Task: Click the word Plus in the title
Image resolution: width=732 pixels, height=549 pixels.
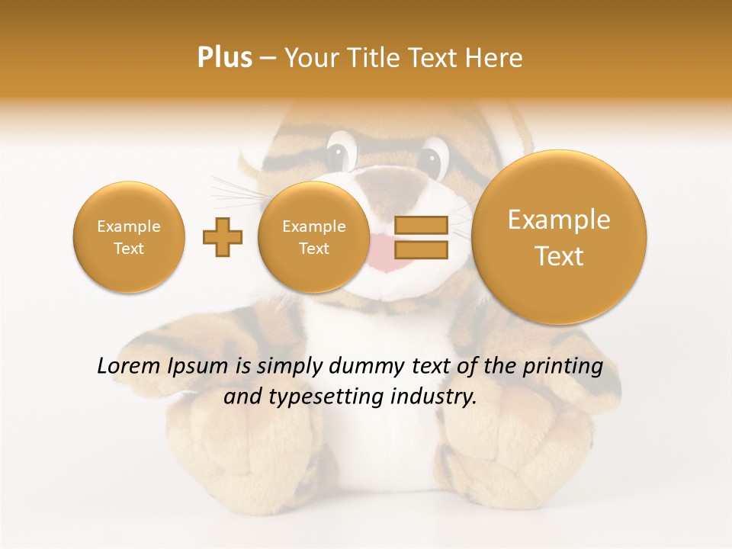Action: pos(224,58)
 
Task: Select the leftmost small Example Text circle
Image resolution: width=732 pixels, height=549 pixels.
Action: pos(129,237)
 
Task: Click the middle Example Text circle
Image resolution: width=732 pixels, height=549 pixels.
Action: pos(314,237)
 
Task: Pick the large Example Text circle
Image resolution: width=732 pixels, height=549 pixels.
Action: pos(559,237)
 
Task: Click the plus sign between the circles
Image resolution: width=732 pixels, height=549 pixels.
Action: pos(223,237)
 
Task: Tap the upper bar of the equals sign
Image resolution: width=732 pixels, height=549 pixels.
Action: pos(421,225)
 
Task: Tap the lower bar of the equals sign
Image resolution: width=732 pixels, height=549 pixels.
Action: pos(421,249)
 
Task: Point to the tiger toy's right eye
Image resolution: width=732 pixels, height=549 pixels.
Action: pos(432,158)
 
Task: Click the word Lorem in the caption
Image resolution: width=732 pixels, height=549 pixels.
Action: pos(128,366)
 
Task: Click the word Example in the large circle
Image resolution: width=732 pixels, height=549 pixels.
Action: pos(559,220)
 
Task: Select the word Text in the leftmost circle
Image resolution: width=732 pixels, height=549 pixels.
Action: pos(129,249)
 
